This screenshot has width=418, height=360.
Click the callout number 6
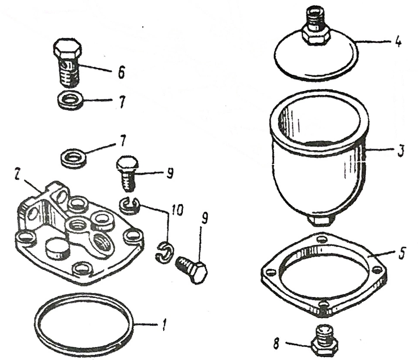click(120, 72)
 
